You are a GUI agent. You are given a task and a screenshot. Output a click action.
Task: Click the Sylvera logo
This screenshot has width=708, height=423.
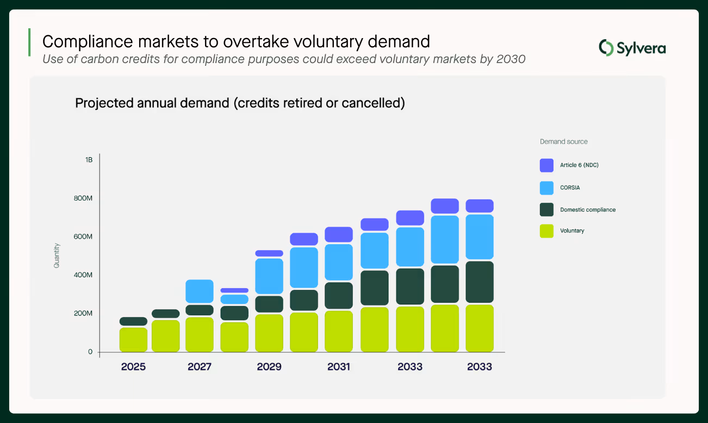click(x=632, y=48)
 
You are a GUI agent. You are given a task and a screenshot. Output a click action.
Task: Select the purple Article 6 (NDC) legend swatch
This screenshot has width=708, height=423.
click(x=546, y=165)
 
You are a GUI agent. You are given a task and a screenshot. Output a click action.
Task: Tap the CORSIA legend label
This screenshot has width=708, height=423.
click(x=570, y=188)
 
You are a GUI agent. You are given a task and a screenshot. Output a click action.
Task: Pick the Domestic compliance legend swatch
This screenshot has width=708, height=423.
click(x=546, y=210)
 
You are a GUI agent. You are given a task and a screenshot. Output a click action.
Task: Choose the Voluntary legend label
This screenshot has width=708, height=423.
click(x=572, y=231)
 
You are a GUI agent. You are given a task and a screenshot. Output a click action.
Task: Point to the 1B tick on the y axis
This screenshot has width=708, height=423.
click(x=89, y=160)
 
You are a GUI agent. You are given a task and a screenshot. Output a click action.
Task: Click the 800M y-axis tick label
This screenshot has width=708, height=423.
click(x=83, y=198)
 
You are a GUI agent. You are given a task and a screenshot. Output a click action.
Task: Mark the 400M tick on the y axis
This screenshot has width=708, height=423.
click(x=83, y=275)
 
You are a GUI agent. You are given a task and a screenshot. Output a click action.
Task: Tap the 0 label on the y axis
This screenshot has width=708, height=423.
click(x=90, y=352)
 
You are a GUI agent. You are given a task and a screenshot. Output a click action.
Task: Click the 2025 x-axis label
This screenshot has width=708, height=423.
click(x=133, y=366)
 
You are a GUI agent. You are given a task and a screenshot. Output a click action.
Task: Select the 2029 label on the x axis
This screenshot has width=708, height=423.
click(x=269, y=366)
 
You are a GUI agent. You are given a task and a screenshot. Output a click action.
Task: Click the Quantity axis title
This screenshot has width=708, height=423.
click(x=57, y=256)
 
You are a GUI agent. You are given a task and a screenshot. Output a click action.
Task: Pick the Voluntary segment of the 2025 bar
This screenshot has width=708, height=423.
click(x=133, y=339)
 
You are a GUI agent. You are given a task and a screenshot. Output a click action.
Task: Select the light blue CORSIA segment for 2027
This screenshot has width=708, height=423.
click(x=200, y=291)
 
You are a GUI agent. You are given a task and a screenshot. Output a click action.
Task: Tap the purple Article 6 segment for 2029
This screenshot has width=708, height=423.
click(x=269, y=253)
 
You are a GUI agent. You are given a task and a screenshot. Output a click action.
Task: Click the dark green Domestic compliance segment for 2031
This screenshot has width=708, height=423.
click(x=339, y=296)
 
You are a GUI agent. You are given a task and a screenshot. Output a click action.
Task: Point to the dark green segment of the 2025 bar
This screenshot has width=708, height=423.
click(x=133, y=321)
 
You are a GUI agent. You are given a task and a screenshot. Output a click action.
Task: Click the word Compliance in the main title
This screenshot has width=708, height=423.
click(x=88, y=42)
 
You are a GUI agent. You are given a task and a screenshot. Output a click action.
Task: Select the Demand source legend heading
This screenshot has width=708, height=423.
click(x=563, y=141)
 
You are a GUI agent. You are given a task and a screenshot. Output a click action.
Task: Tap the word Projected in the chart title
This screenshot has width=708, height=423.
click(x=104, y=103)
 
